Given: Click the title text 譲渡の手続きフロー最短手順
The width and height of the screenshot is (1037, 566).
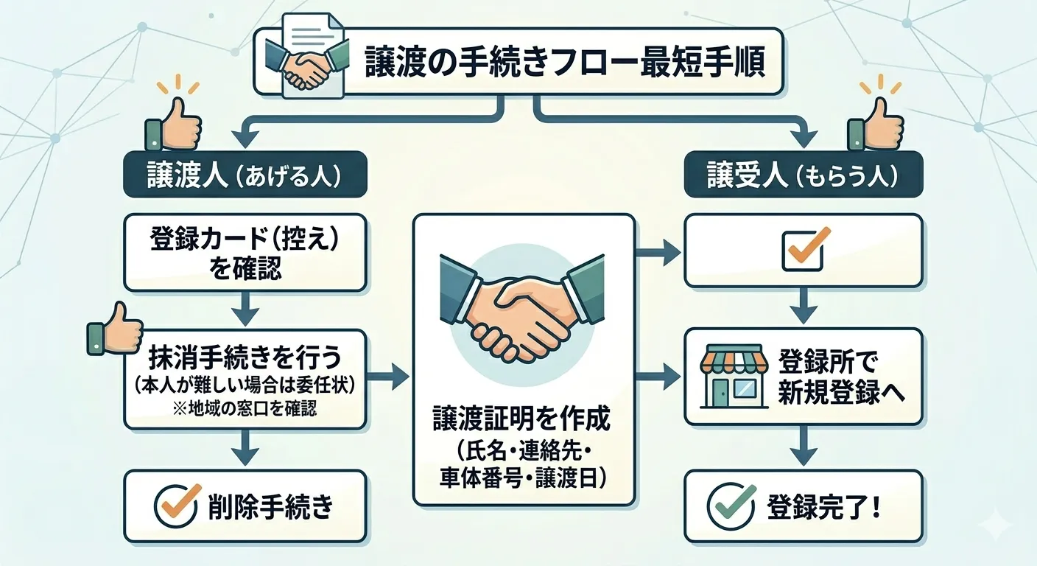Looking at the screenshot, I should tap(564, 63).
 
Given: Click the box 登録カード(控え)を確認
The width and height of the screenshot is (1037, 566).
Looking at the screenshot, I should tap(245, 251).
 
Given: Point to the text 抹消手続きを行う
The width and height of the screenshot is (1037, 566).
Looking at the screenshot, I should tap(245, 358).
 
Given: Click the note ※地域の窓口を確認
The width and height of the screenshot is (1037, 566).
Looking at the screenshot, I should tap(245, 408).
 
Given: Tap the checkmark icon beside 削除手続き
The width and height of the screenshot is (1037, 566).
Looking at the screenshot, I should tap(177, 506).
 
